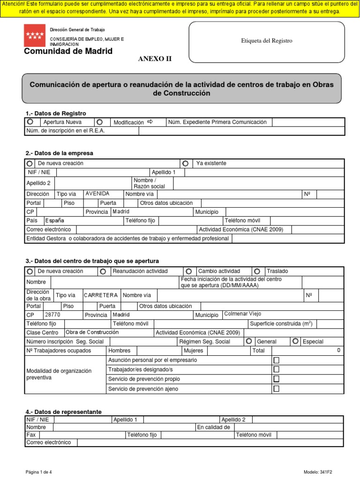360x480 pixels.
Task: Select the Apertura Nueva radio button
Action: (x=30, y=122)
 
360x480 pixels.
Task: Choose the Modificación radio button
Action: (x=99, y=122)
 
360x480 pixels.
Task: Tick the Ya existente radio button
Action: (x=186, y=164)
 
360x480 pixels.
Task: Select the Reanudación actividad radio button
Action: (x=103, y=271)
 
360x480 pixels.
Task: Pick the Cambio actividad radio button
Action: (x=188, y=271)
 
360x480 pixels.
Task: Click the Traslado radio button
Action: (x=257, y=271)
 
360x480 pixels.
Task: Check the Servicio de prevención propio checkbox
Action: (x=276, y=379)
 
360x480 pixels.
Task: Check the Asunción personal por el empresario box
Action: (x=276, y=360)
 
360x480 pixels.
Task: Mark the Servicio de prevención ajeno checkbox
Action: (x=276, y=389)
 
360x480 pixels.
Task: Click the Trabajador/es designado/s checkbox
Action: (x=276, y=369)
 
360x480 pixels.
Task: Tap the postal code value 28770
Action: (x=52, y=315)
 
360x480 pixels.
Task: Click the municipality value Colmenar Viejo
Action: (x=243, y=314)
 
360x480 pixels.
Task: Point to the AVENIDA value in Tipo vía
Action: (x=97, y=194)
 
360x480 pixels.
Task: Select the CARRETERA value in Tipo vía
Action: (x=101, y=295)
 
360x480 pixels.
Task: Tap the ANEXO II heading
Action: (x=154, y=59)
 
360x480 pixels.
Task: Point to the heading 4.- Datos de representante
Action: (x=63, y=412)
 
